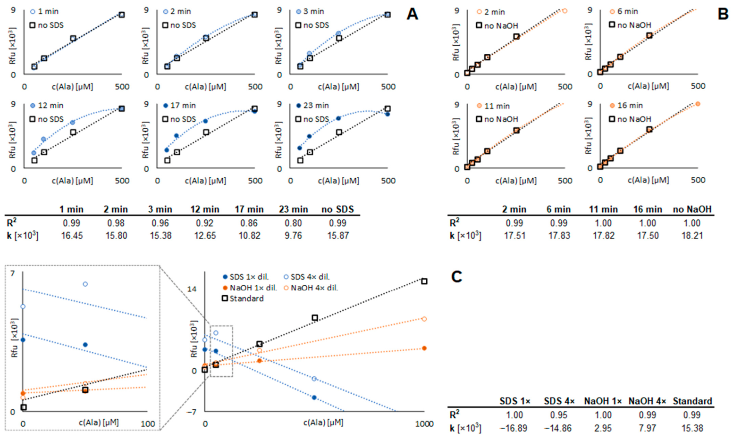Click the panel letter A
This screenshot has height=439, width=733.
pos(412,14)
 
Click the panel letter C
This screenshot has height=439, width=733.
pos(456,276)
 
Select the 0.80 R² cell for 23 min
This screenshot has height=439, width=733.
pos(293,223)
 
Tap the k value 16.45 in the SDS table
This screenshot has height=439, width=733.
pos(72,236)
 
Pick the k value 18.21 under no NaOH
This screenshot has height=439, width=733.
pos(692,236)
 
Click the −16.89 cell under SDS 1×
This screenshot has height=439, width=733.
pos(514,428)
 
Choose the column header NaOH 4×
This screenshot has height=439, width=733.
pos(647,401)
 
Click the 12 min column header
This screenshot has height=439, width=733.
pos(205,209)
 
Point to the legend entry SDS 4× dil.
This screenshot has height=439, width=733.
pos(310,277)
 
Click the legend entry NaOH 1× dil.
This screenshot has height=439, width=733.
pos(253,288)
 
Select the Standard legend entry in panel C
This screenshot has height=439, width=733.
pos(246,298)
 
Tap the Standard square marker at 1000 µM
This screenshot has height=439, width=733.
pos(424,281)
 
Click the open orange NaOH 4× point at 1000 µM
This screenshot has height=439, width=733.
pos(424,319)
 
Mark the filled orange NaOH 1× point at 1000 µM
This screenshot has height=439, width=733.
pos(424,348)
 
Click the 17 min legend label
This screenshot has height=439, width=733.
pos(183,106)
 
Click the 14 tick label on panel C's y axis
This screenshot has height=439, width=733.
pos(192,289)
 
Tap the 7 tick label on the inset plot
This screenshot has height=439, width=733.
pos(13,273)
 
